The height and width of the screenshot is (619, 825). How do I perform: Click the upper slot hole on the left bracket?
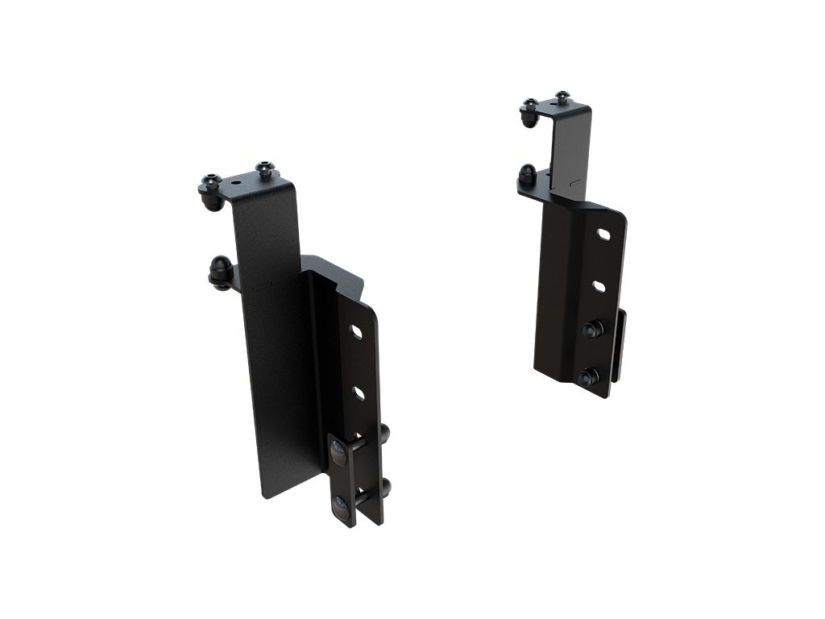pyautogui.click(x=355, y=332)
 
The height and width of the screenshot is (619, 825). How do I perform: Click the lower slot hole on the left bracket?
pyautogui.click(x=358, y=393)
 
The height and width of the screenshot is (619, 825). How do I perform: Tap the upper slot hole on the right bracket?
pyautogui.click(x=603, y=234)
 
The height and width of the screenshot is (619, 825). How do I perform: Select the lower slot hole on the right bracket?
pyautogui.click(x=599, y=285)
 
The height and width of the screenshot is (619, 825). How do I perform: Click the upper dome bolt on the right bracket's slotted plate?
pyautogui.click(x=592, y=329)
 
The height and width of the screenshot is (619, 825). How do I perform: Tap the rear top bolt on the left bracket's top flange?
pyautogui.click(x=265, y=169)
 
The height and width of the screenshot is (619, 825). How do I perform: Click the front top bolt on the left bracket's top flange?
pyautogui.click(x=211, y=182)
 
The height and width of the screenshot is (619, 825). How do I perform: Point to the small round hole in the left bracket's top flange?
pyautogui.click(x=236, y=183)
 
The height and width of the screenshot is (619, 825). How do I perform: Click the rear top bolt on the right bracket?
pyautogui.click(x=562, y=97)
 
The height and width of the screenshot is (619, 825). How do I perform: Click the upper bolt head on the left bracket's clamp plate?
pyautogui.click(x=339, y=453)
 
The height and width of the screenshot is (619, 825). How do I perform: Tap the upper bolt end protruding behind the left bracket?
pyautogui.click(x=384, y=434)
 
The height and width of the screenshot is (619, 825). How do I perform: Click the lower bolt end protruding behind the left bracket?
pyautogui.click(x=385, y=487)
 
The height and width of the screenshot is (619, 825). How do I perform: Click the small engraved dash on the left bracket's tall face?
pyautogui.click(x=260, y=285)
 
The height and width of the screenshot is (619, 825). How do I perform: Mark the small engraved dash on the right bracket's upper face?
pyautogui.click(x=574, y=184)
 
